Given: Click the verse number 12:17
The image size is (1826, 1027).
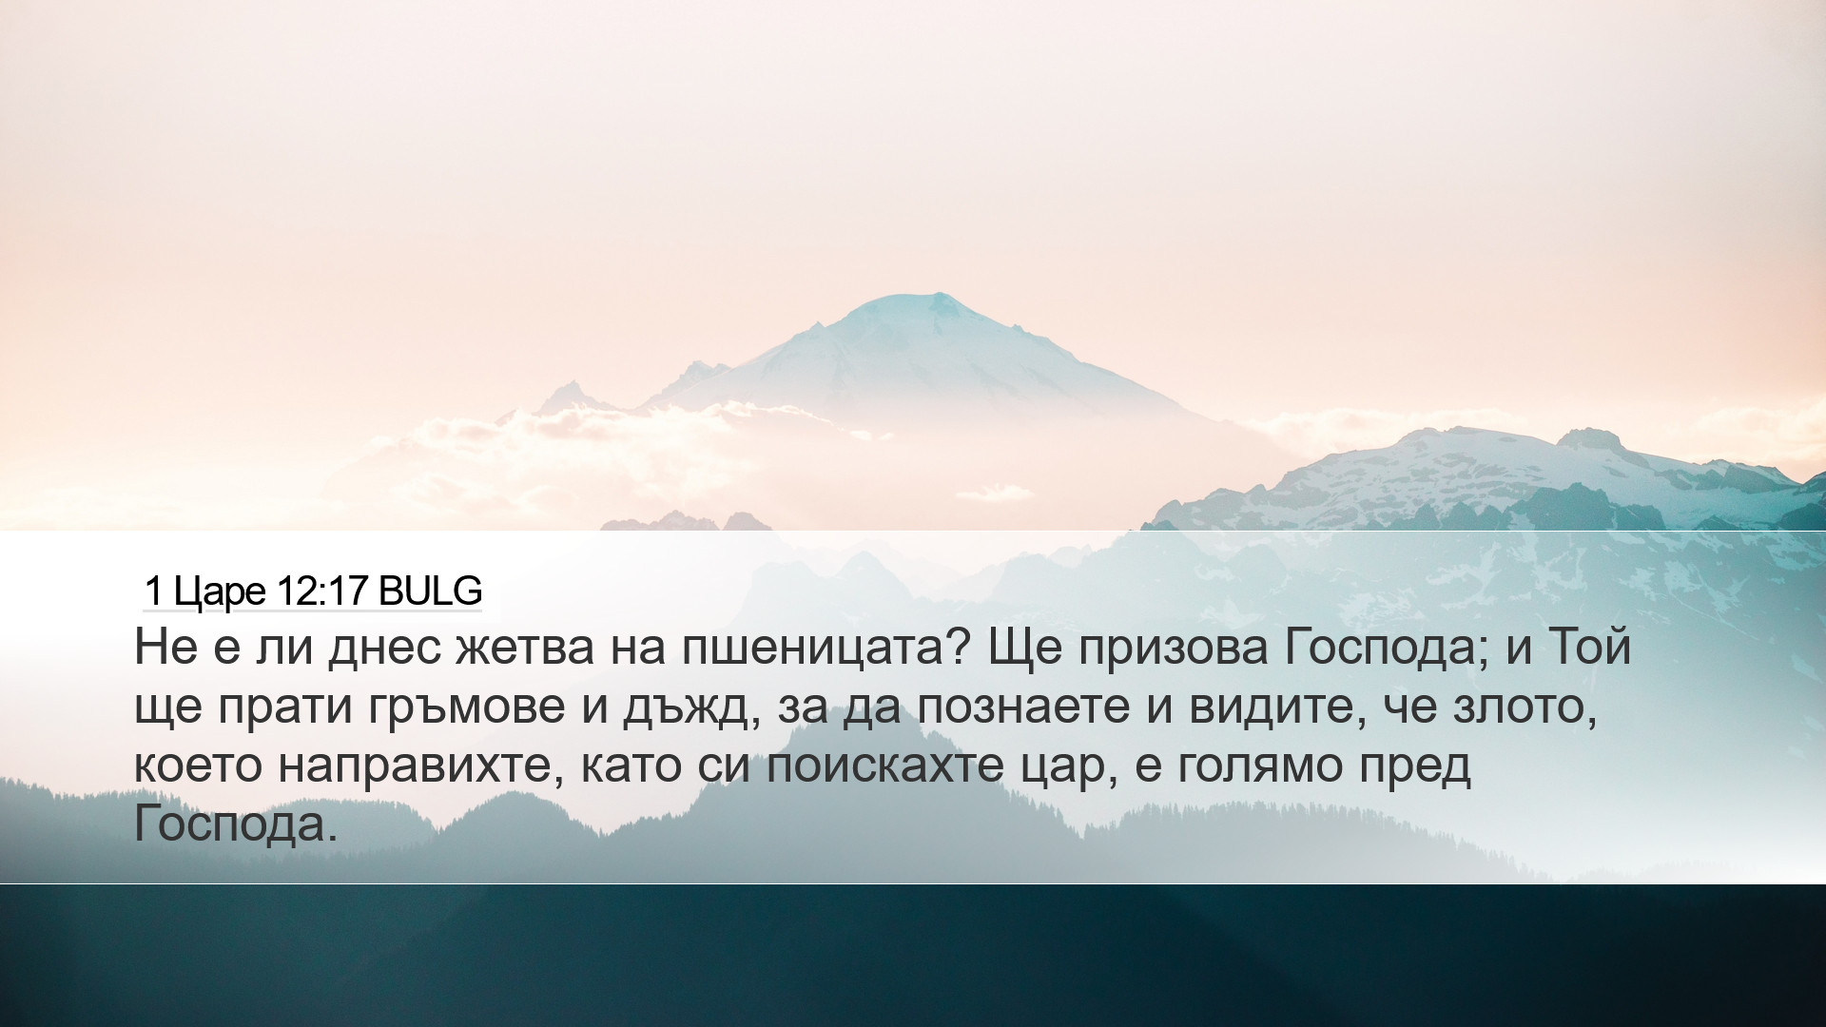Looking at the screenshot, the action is (x=322, y=591).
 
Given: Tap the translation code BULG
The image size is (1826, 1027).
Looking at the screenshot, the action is (x=430, y=591).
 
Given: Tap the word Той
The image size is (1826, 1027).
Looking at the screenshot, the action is (x=1590, y=646).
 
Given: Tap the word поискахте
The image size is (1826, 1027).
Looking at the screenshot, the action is (x=885, y=765).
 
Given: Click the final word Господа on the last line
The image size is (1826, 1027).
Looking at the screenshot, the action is (x=236, y=824).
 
